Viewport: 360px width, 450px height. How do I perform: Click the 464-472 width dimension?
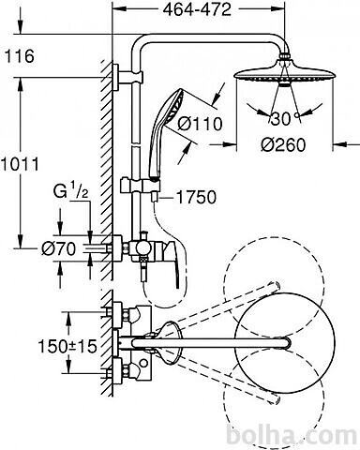point(197,9)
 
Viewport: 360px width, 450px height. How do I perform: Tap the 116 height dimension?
point(20,56)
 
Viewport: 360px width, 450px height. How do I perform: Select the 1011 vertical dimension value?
point(20,164)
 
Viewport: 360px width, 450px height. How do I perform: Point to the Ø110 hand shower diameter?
point(200,124)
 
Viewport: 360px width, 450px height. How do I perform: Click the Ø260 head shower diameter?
point(283,144)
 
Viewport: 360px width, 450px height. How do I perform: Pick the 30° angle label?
point(281,119)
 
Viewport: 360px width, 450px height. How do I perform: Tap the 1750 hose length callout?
point(196,197)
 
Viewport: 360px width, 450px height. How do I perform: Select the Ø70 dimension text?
point(59,249)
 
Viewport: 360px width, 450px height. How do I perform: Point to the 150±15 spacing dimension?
point(67,346)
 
